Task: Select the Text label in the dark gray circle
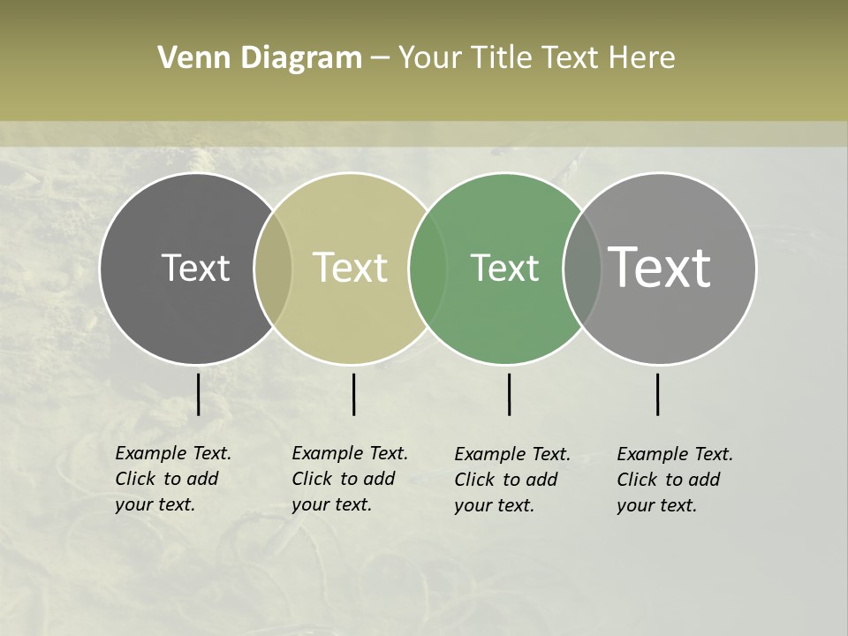pos(195,268)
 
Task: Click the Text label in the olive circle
pos(351,268)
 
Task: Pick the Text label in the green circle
pos(505,268)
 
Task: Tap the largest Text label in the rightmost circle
pos(660,268)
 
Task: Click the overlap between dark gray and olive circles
pos(273,268)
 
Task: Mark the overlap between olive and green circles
pos(428,268)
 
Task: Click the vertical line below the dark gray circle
pos(198,394)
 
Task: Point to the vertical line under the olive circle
pos(353,394)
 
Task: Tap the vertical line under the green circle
pos(509,394)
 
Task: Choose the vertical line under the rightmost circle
pos(657,394)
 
